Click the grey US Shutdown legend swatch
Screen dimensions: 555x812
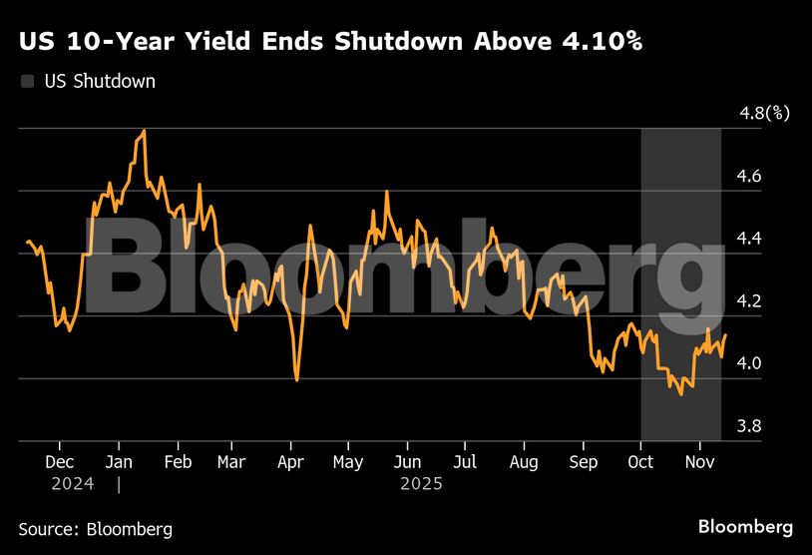tap(26, 82)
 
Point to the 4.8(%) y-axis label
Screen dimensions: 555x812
tap(763, 113)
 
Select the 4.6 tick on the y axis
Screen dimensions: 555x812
tap(749, 176)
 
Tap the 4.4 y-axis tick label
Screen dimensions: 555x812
tap(749, 238)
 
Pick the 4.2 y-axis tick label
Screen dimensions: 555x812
tap(749, 300)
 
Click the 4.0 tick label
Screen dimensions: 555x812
tap(749, 363)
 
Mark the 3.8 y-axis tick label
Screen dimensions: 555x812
tap(749, 425)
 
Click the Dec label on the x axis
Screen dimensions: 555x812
tap(60, 463)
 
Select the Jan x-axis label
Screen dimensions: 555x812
tap(119, 463)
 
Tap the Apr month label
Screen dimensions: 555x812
tap(290, 463)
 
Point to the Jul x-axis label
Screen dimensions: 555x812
tap(465, 463)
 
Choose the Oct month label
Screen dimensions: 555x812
tap(640, 463)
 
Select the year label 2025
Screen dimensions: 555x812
tap(420, 484)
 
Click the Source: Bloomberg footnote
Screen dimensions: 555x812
tap(95, 529)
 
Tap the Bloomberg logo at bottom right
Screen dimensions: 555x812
tap(745, 526)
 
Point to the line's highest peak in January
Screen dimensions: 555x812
tap(145, 131)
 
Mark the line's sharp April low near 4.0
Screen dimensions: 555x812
tap(297, 379)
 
